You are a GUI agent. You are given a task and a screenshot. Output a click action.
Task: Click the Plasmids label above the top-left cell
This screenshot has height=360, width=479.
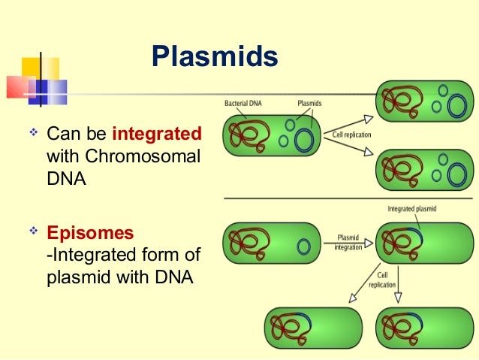point(310,102)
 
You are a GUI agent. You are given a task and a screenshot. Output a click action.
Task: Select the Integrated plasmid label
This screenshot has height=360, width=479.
point(412,208)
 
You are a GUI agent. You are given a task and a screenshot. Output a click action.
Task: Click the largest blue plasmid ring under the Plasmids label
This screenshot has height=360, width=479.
point(305,141)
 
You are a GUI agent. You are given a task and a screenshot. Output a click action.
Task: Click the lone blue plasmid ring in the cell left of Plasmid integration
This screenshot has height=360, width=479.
point(304,246)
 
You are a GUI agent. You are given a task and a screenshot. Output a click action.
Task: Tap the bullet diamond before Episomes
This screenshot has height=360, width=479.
point(32,231)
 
